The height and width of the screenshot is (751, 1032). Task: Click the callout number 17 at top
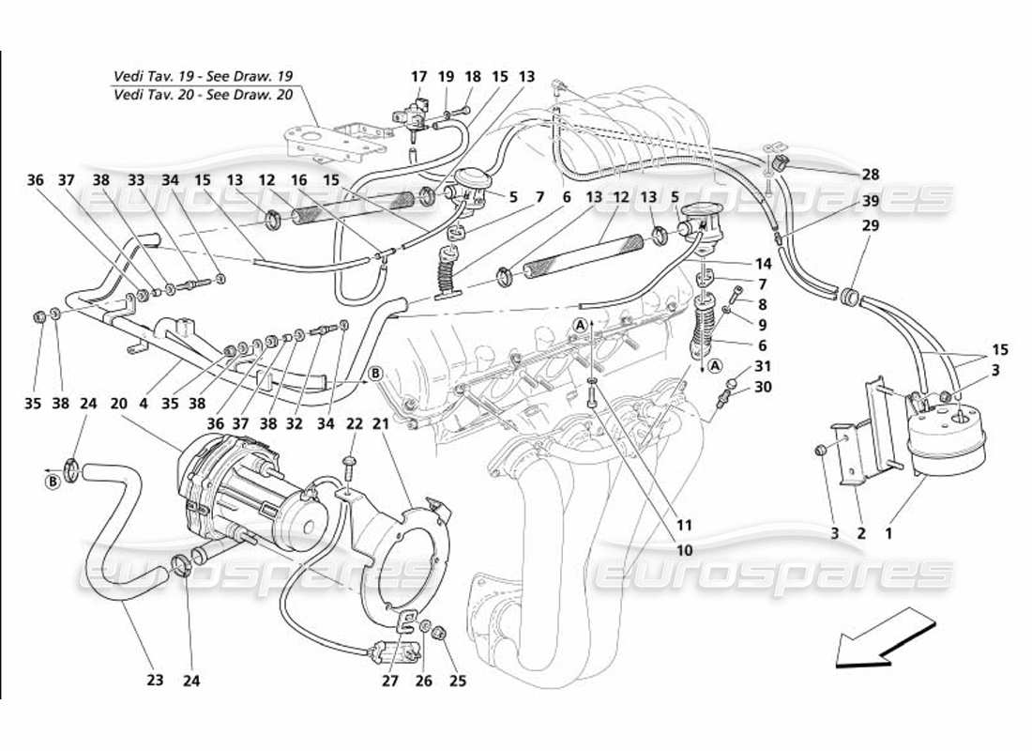pos(418,77)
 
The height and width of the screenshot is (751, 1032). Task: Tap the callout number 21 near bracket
pos(383,425)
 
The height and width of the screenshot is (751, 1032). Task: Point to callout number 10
pos(684,551)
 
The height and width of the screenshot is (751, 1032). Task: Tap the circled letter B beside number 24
pos(54,483)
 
